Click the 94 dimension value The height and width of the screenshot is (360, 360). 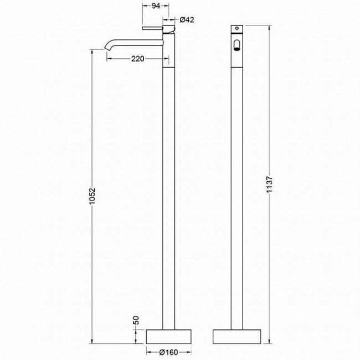tap(156, 6)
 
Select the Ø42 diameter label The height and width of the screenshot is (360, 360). tap(187, 20)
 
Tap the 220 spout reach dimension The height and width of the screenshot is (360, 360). tap(138, 59)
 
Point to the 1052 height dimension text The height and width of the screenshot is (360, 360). tap(92, 196)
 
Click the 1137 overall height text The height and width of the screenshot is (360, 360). tap(270, 184)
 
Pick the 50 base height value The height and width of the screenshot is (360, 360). tap(136, 320)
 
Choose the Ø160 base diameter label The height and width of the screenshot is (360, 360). tap(169, 352)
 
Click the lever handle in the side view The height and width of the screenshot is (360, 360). tap(153, 28)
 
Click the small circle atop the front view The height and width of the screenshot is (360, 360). tap(236, 28)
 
